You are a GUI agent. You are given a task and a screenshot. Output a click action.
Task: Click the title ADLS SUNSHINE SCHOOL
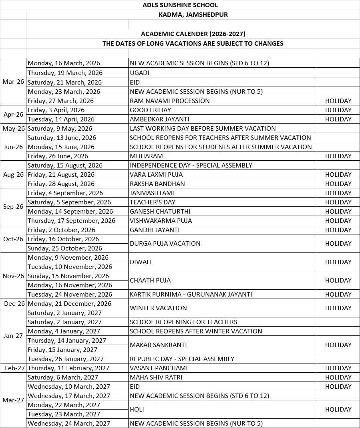[180, 5]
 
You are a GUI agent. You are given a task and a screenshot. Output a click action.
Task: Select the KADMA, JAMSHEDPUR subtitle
[193, 15]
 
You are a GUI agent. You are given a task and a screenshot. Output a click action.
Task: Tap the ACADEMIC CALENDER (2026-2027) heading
[193, 34]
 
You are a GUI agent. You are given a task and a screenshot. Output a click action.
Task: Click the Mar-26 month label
[13, 82]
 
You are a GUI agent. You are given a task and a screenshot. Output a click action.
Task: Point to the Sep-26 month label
[13, 207]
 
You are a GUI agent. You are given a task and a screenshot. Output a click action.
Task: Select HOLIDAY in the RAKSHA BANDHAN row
[338, 184]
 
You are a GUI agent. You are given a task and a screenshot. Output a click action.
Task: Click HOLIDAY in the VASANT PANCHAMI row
[338, 368]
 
